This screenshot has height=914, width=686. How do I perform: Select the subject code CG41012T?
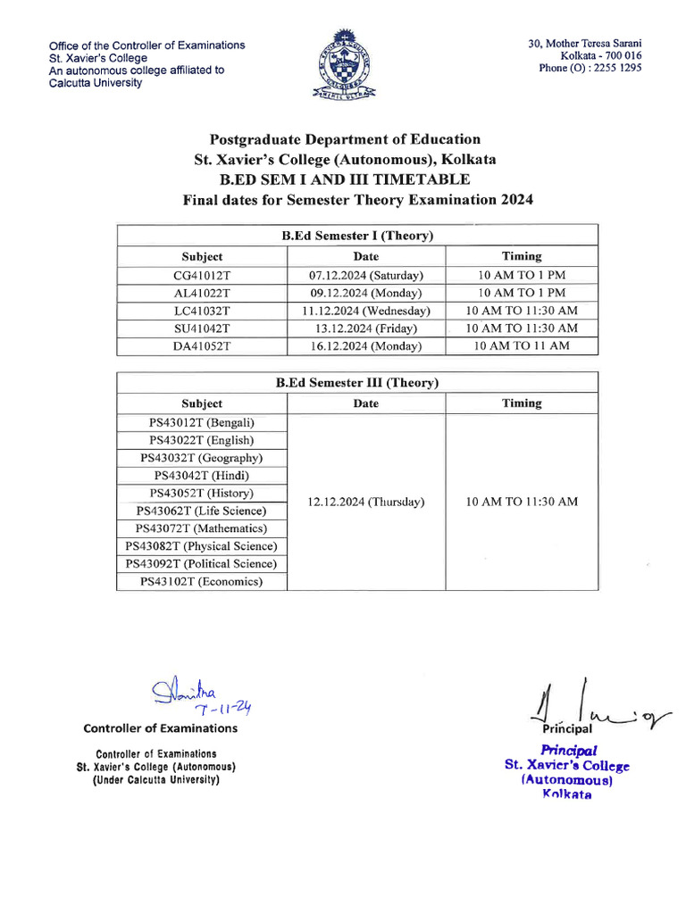point(202,275)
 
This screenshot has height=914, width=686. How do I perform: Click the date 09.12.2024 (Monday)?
point(365,293)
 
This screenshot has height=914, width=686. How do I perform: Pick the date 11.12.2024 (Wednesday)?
point(365,311)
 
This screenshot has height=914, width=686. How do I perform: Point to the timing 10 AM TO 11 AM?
point(522,346)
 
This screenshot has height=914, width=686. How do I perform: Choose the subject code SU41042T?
point(202,328)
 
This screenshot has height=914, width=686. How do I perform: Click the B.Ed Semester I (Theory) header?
point(357,236)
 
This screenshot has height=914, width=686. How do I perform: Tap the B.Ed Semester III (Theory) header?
point(357,383)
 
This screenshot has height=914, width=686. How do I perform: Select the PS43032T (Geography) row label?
point(202,458)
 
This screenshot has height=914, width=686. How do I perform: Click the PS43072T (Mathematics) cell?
point(202,529)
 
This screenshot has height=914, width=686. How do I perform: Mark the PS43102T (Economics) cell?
point(202,582)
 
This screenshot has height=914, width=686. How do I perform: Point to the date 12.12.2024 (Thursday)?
point(365,503)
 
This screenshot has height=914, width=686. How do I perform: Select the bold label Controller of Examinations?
point(161,728)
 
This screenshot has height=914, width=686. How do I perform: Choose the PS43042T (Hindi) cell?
point(202,476)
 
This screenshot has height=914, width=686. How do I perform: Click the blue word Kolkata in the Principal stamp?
point(567,794)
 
